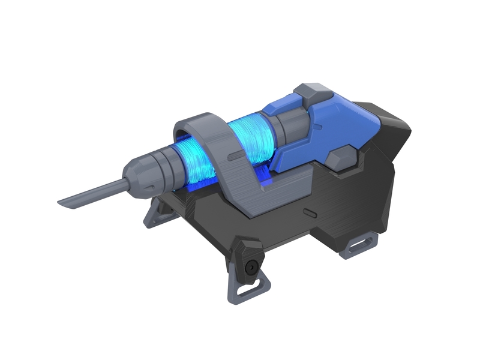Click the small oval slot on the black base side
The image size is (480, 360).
click(x=311, y=212)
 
